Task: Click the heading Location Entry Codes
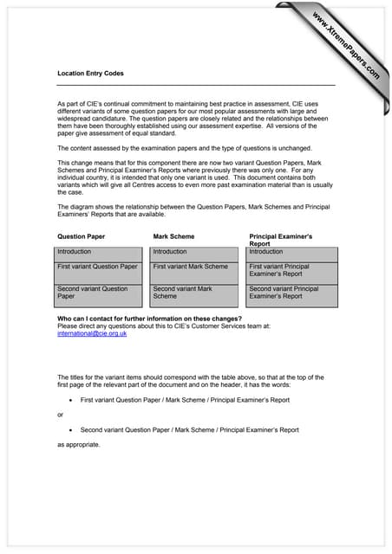point(90,74)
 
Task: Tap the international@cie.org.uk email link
point(92,333)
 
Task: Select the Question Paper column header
point(82,236)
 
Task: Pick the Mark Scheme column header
point(173,236)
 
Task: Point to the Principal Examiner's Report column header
point(281,240)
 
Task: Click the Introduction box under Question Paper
point(99,252)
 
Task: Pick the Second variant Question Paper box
point(99,294)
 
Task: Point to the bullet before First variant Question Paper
point(69,402)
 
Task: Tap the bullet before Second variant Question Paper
point(69,430)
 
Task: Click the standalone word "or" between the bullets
point(61,415)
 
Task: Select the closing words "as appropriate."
point(79,445)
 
